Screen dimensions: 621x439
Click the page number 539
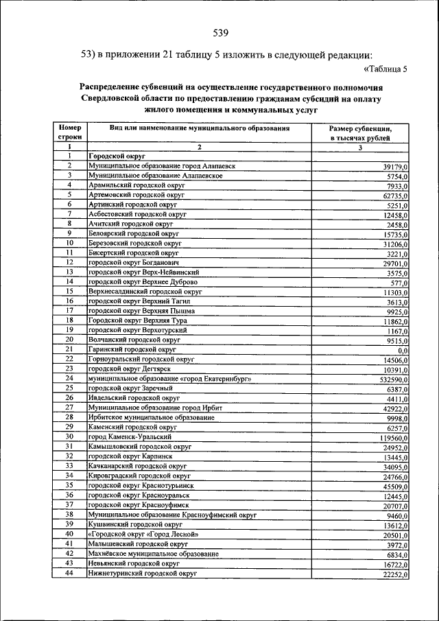tap(220, 32)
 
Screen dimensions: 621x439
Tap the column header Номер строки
tap(69, 132)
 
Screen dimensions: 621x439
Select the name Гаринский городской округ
tap(128, 349)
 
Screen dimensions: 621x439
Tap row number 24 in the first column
tap(69, 378)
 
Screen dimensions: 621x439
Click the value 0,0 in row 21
tap(403, 351)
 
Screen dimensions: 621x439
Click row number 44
tap(69, 572)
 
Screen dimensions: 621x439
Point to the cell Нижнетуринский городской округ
tap(142, 572)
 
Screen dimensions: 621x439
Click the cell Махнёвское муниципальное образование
tap(154, 553)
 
